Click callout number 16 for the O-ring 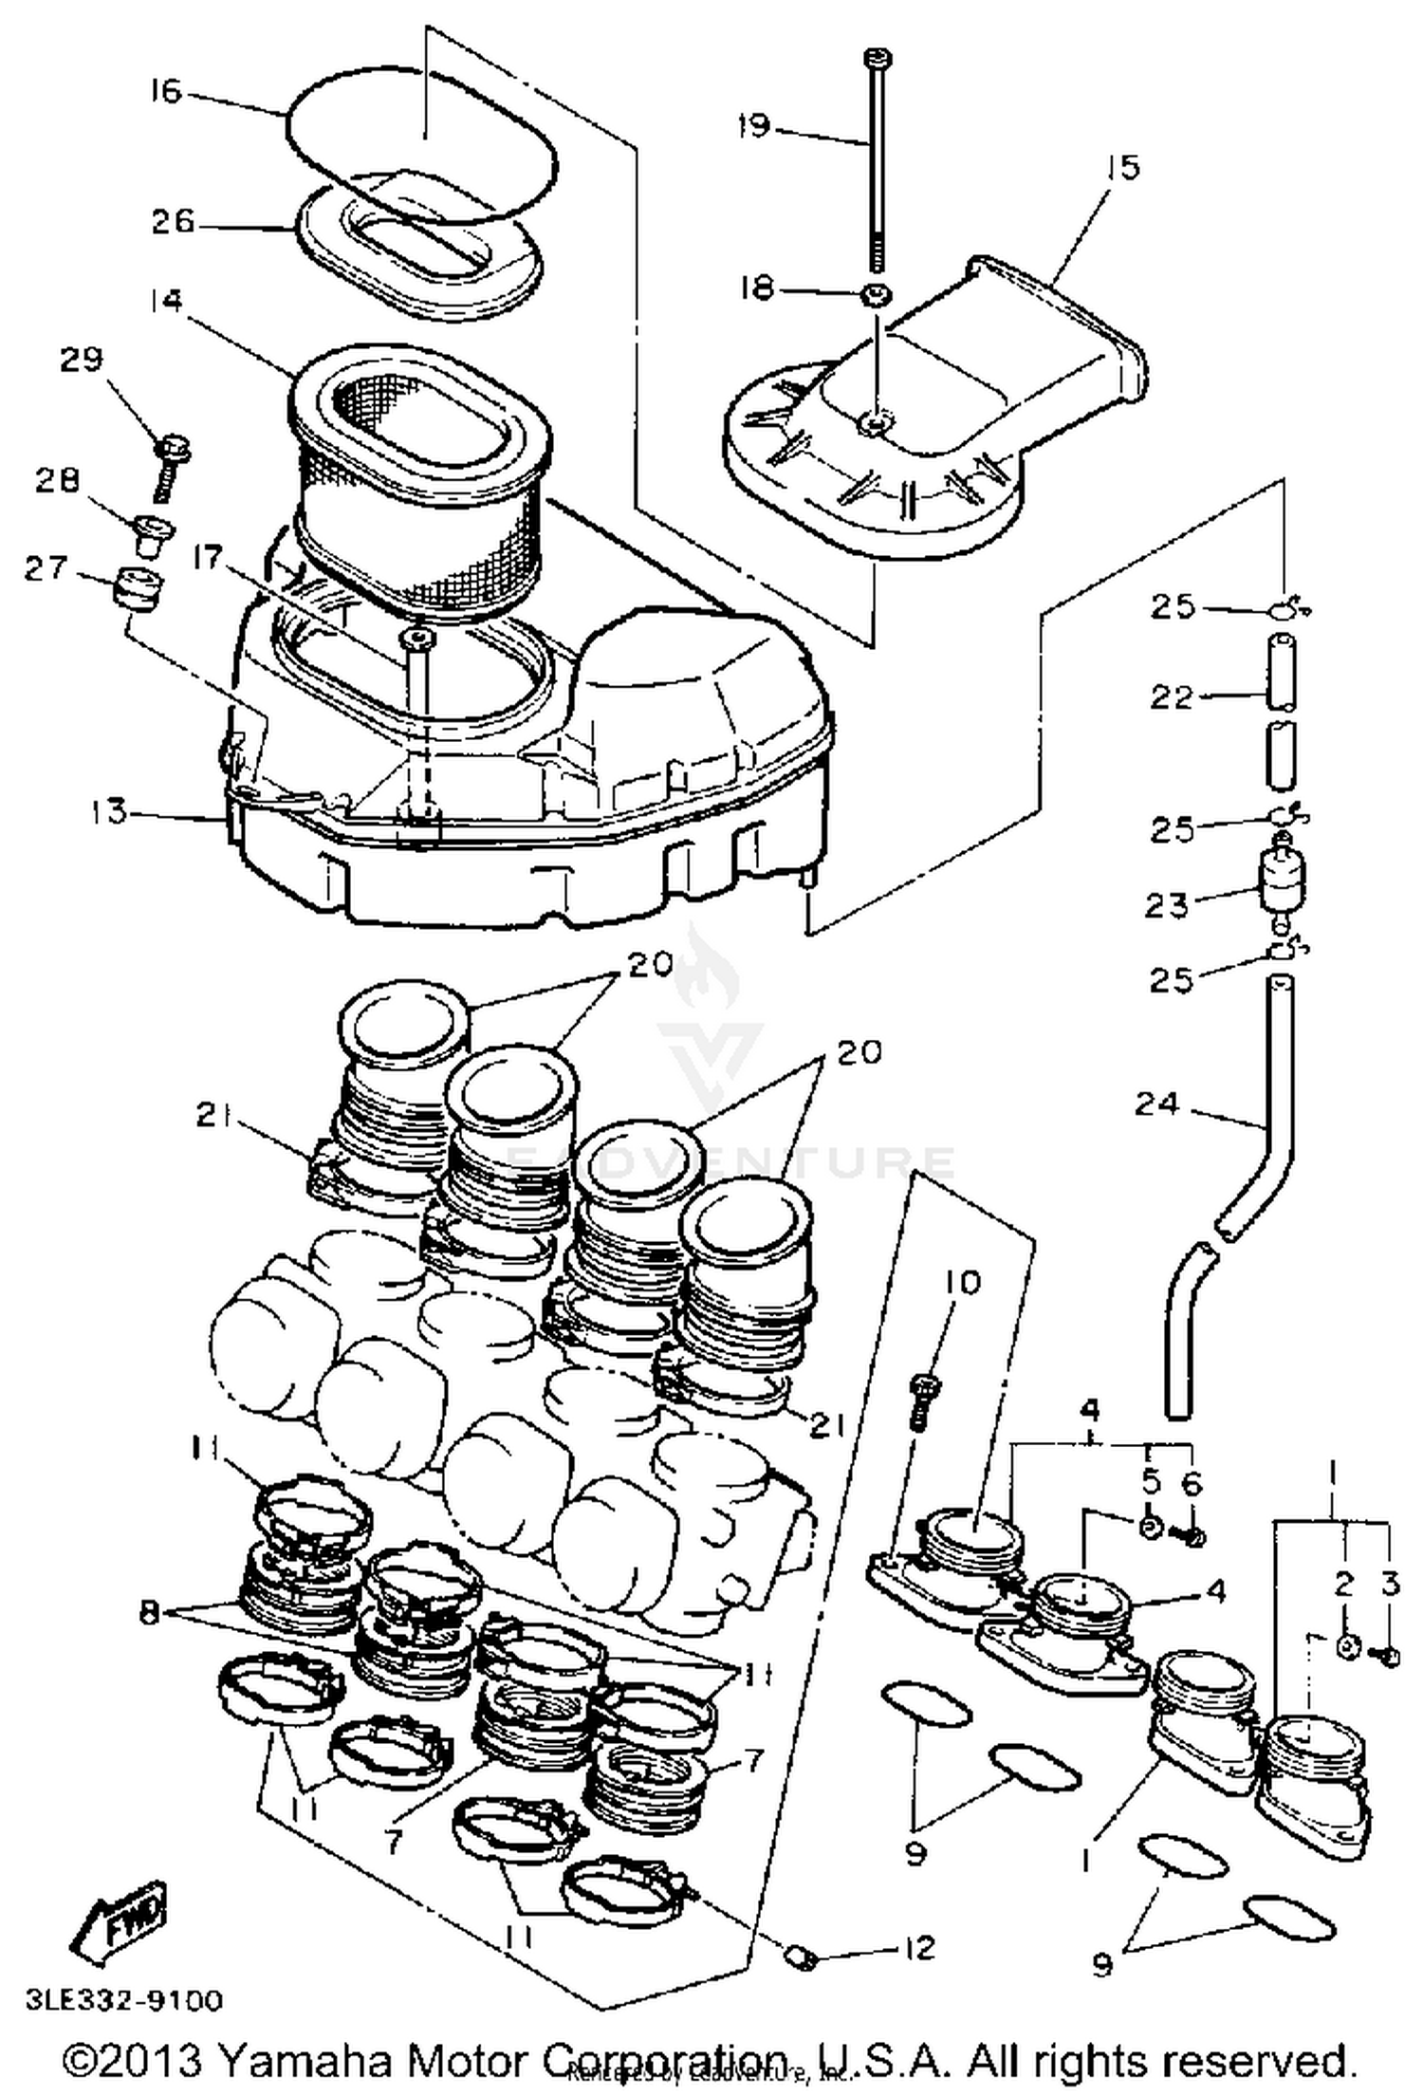[164, 92]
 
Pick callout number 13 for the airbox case [109, 812]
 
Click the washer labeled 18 [876, 295]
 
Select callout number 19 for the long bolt [754, 126]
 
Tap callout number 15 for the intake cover [1122, 168]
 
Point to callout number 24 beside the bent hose [1155, 1104]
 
